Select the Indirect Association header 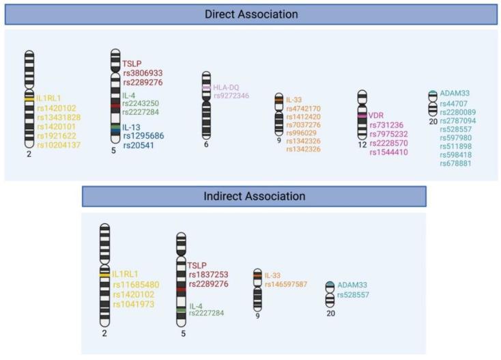click(x=255, y=196)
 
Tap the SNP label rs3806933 click(x=143, y=72)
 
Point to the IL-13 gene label click(x=132, y=127)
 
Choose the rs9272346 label click(x=231, y=96)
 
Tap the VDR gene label click(x=376, y=115)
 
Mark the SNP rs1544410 click(x=388, y=152)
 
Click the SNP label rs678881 click(x=457, y=163)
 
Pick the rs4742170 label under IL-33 click(x=303, y=109)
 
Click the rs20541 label click(x=139, y=145)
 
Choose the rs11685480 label click(x=137, y=284)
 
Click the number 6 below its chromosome click(x=206, y=144)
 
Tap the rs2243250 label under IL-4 click(x=141, y=104)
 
